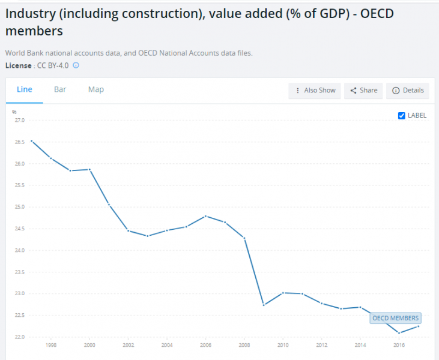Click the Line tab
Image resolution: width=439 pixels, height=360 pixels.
25,89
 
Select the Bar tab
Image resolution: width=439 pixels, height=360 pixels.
60,89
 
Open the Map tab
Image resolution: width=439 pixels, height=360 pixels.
96,89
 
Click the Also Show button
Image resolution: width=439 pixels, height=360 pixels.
315,91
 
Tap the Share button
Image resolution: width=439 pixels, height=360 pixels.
364,91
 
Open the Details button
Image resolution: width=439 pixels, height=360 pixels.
408,91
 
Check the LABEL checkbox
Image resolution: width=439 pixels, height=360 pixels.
402,116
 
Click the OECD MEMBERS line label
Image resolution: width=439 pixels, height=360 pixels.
395,318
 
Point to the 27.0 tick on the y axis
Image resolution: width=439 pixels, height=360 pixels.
19,121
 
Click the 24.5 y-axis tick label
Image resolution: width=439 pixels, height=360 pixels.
19,229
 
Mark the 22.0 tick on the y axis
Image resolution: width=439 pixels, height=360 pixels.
19,337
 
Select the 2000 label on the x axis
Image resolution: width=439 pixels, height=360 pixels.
89,346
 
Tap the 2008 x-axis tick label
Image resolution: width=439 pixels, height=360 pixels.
245,346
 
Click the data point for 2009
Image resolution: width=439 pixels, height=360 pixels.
264,305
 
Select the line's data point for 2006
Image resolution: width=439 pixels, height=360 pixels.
205,216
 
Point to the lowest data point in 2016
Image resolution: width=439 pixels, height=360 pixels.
399,333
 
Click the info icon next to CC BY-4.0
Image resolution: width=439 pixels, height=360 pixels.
76,65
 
